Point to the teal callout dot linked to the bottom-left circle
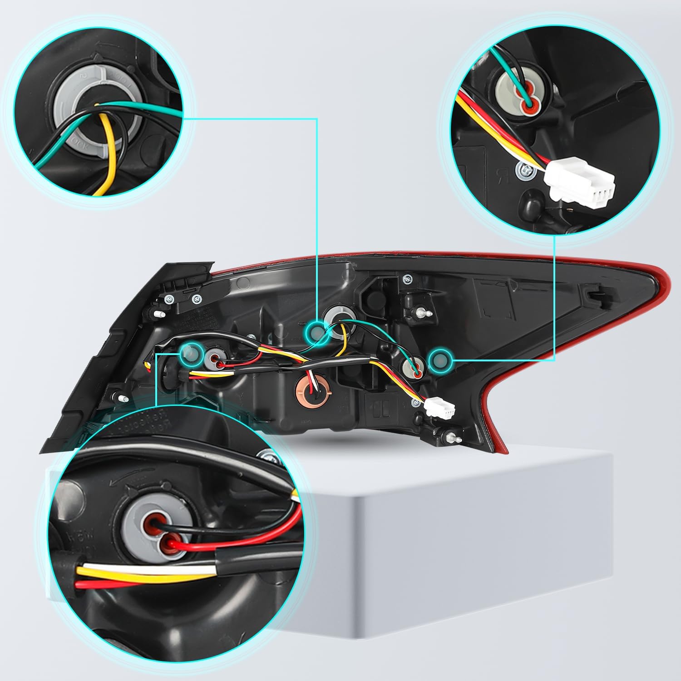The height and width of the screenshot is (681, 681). click(x=191, y=353)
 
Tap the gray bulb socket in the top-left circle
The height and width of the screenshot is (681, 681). click(x=73, y=104)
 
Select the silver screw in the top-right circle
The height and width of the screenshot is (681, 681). click(x=523, y=170)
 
